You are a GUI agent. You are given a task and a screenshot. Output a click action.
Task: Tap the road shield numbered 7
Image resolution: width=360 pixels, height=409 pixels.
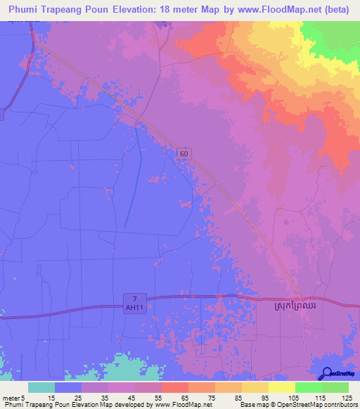[138, 298]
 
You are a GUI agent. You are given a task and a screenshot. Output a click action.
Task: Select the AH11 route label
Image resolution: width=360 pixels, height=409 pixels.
[138, 307]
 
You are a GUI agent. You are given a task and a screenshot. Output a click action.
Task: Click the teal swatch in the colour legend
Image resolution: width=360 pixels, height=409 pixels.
[41, 387]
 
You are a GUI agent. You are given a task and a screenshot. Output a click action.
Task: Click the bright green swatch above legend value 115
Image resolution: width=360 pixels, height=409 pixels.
[309, 387]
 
